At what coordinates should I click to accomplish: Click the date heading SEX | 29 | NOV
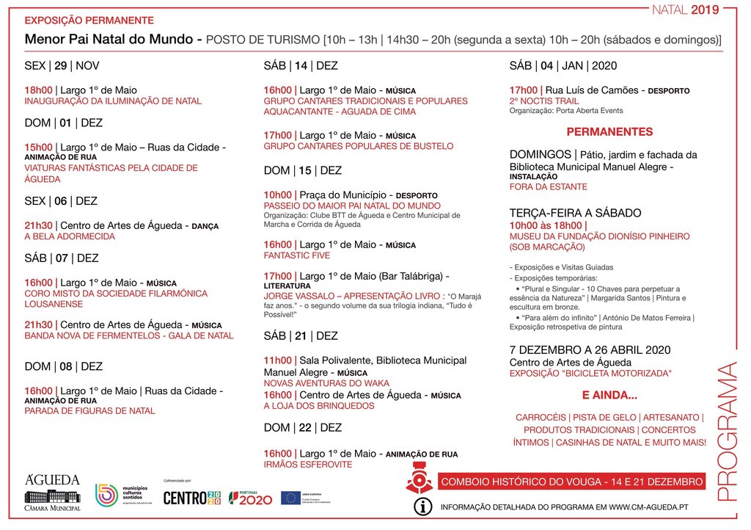pyautogui.click(x=62, y=65)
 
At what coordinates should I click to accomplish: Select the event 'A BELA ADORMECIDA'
pyautogui.click(x=70, y=236)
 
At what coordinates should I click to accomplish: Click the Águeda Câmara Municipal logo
pyautogui.click(x=52, y=492)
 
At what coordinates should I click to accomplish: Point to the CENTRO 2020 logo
pyautogui.click(x=191, y=498)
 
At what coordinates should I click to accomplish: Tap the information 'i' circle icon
pyautogui.click(x=423, y=507)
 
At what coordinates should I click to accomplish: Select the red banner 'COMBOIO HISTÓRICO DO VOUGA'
pyautogui.click(x=571, y=482)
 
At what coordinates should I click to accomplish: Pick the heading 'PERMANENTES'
pyautogui.click(x=609, y=132)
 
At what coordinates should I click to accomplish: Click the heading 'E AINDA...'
pyautogui.click(x=609, y=396)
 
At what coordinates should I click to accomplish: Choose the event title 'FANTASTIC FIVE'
pyautogui.click(x=297, y=255)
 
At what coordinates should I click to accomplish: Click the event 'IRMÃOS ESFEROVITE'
pyautogui.click(x=307, y=464)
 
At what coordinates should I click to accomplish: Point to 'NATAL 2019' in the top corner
pyautogui.click(x=686, y=10)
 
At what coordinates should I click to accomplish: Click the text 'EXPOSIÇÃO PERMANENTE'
pyautogui.click(x=89, y=20)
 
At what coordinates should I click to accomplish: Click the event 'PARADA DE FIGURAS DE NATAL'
pyautogui.click(x=89, y=410)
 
